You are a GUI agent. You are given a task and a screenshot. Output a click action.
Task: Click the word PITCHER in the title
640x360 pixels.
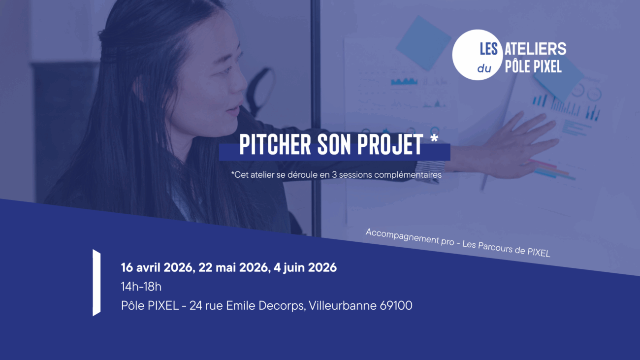click(x=275, y=144)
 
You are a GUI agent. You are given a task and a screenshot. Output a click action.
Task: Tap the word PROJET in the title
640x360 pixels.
click(x=390, y=144)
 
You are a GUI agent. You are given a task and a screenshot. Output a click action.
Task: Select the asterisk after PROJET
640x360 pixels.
click(x=434, y=139)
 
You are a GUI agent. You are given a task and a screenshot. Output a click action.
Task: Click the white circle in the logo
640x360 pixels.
click(x=478, y=55)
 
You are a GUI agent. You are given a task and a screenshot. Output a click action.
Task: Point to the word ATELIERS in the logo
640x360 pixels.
click(x=536, y=49)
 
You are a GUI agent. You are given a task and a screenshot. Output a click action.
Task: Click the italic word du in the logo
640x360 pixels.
click(x=484, y=68)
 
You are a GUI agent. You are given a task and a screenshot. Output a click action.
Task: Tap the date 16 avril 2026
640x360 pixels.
click(x=157, y=268)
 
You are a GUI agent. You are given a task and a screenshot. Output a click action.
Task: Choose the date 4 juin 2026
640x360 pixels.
click(x=305, y=268)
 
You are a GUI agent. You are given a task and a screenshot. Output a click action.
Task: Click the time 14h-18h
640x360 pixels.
click(x=141, y=287)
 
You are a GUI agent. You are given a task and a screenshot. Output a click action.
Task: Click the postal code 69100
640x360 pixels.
click(x=396, y=306)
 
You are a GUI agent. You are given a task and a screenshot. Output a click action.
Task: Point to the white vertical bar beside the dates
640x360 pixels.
click(x=96, y=283)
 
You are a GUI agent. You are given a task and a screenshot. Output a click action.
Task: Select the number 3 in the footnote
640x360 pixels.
click(x=334, y=174)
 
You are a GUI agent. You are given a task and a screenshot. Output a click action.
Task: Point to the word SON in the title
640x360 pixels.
click(x=334, y=144)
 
